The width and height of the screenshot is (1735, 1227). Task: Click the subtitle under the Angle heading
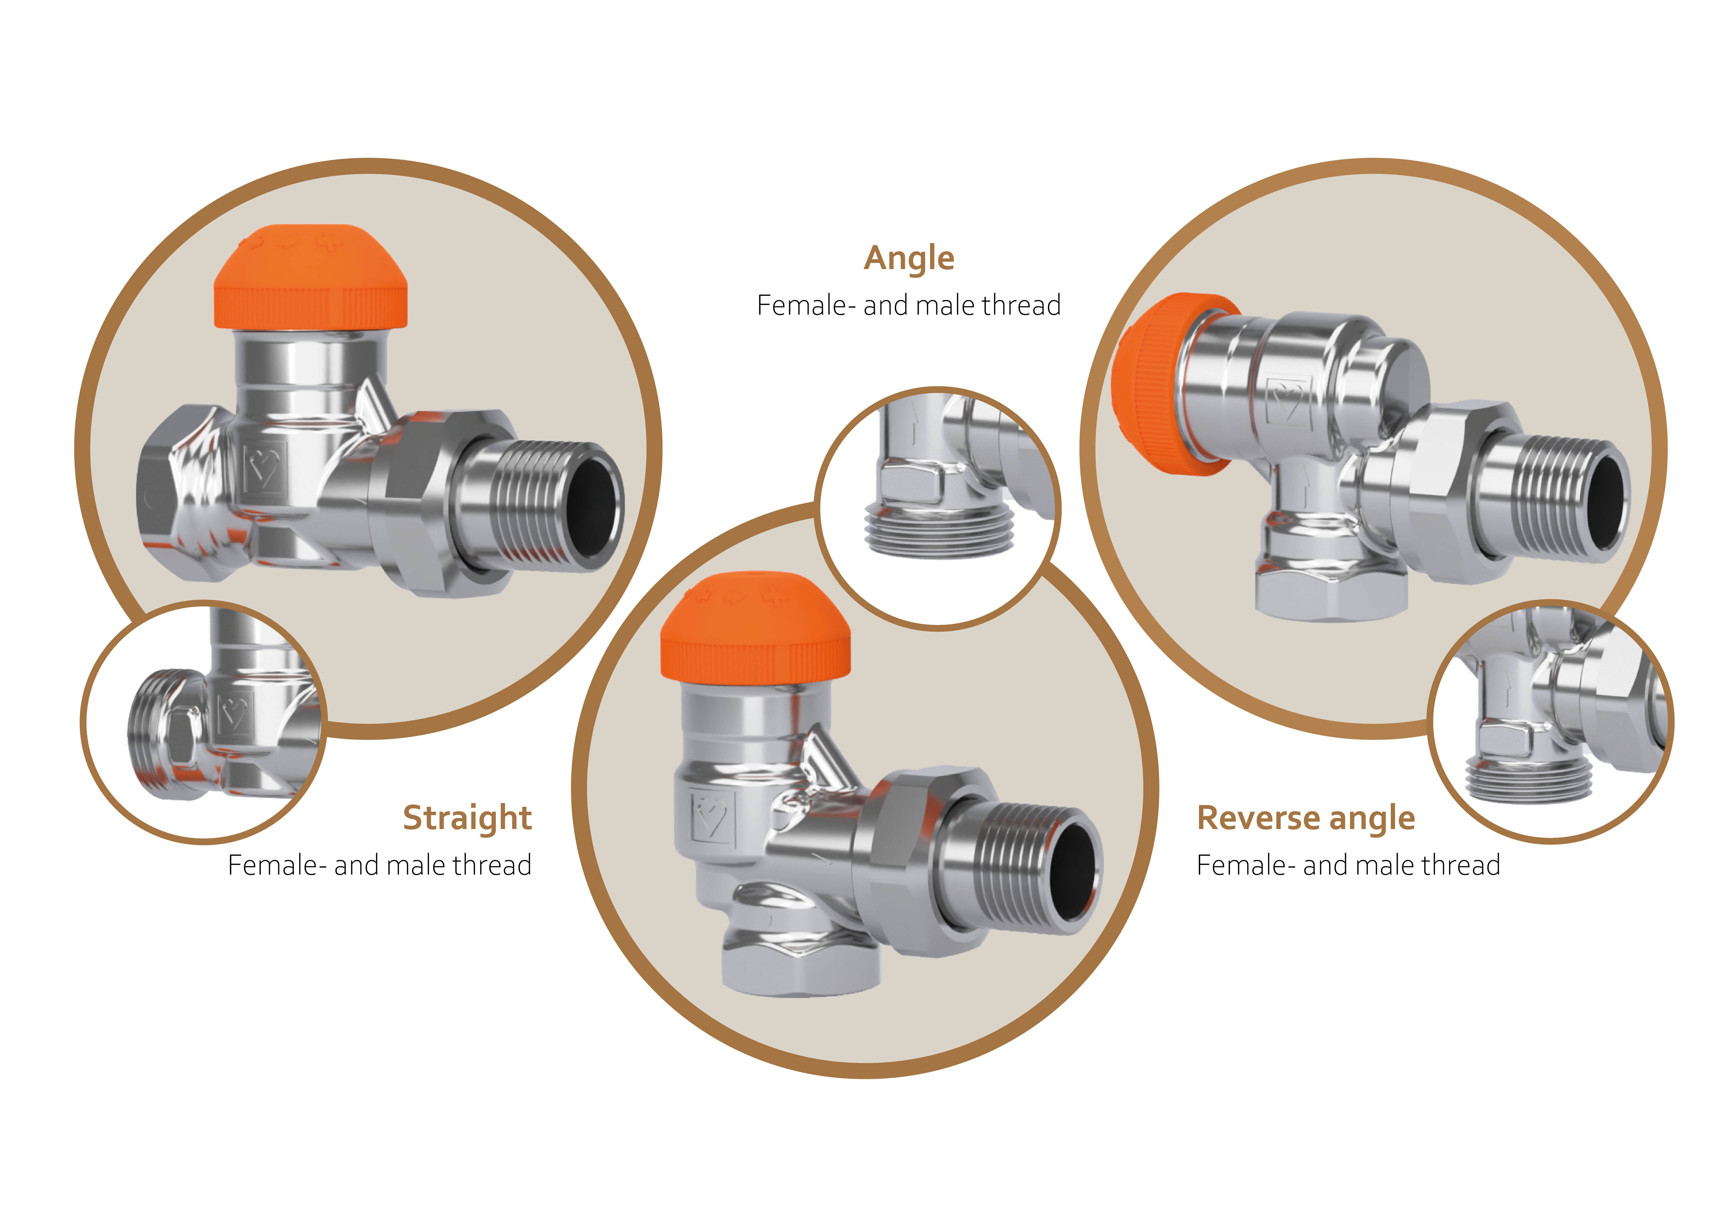pos(909,305)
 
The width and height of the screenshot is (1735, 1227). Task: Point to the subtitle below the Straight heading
pos(380,865)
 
